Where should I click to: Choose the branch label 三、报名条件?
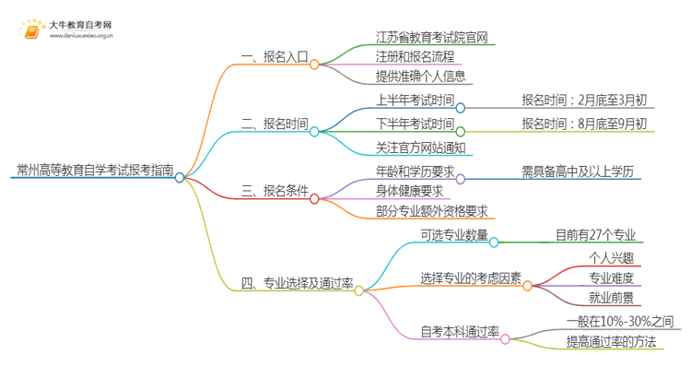point(275,195)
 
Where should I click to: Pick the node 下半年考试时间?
point(416,124)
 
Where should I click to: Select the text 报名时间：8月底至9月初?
point(584,124)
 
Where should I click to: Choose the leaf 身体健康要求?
point(409,193)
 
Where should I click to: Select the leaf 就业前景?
point(611,299)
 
